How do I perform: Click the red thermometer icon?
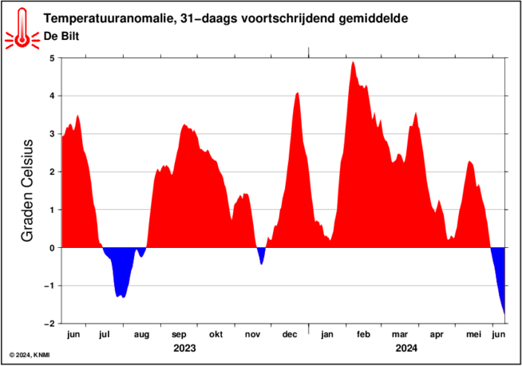click(x=22, y=29)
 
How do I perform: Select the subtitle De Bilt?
click(x=61, y=36)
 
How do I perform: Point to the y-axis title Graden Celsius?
click(x=27, y=191)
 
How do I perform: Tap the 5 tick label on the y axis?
click(x=52, y=58)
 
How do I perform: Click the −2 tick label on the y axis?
click(x=49, y=324)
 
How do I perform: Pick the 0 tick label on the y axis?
click(x=52, y=248)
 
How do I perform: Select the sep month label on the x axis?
click(x=179, y=335)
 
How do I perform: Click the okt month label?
click(x=216, y=334)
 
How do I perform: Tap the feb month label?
click(x=363, y=334)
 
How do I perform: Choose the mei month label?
click(x=473, y=334)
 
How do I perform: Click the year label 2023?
click(x=184, y=348)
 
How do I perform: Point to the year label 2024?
click(x=406, y=348)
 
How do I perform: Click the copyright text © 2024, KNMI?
click(x=30, y=356)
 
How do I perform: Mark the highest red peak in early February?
click(x=353, y=62)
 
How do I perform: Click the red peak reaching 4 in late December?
click(x=297, y=93)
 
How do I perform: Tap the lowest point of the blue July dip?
click(x=124, y=297)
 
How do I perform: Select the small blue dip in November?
click(x=261, y=255)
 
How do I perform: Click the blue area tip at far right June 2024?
click(x=504, y=313)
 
